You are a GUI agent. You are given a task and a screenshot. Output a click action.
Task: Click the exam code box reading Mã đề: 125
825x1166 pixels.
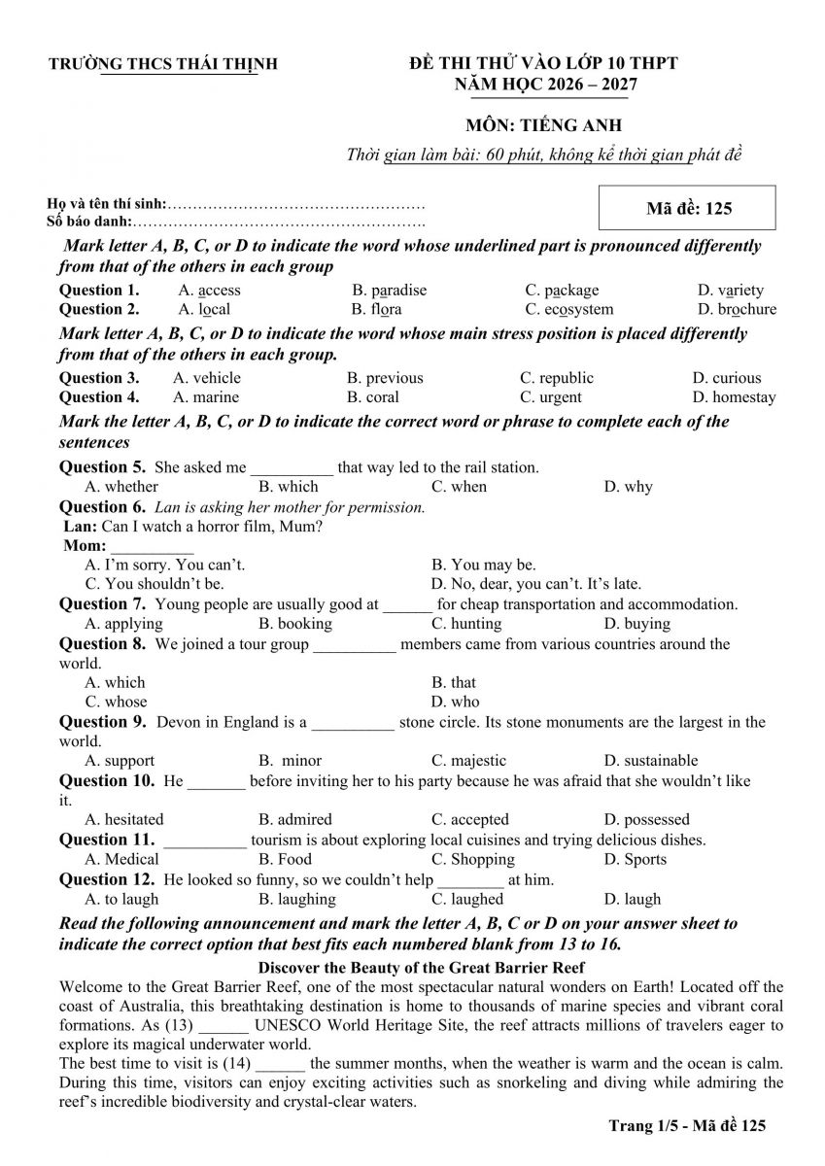[688, 208]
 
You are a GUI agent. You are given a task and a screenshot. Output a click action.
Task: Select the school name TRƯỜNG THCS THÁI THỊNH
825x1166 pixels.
[163, 64]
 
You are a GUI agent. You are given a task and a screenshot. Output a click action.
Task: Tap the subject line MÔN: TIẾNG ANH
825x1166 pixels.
[542, 124]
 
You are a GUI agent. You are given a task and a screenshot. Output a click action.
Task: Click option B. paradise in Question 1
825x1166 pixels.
[389, 290]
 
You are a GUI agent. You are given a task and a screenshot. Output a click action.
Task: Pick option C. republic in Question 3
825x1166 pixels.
[556, 378]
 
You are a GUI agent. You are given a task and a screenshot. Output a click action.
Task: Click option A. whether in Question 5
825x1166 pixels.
[121, 487]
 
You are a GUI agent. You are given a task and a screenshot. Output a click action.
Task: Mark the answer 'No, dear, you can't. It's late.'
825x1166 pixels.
[536, 584]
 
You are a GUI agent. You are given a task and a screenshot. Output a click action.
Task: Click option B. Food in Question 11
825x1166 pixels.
[286, 859]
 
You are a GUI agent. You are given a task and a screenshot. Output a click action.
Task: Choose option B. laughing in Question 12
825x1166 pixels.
[296, 899]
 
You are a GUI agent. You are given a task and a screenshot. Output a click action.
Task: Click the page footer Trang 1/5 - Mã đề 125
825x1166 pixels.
[687, 1125]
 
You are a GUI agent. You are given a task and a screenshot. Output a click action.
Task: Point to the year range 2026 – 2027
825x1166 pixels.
[589, 85]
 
